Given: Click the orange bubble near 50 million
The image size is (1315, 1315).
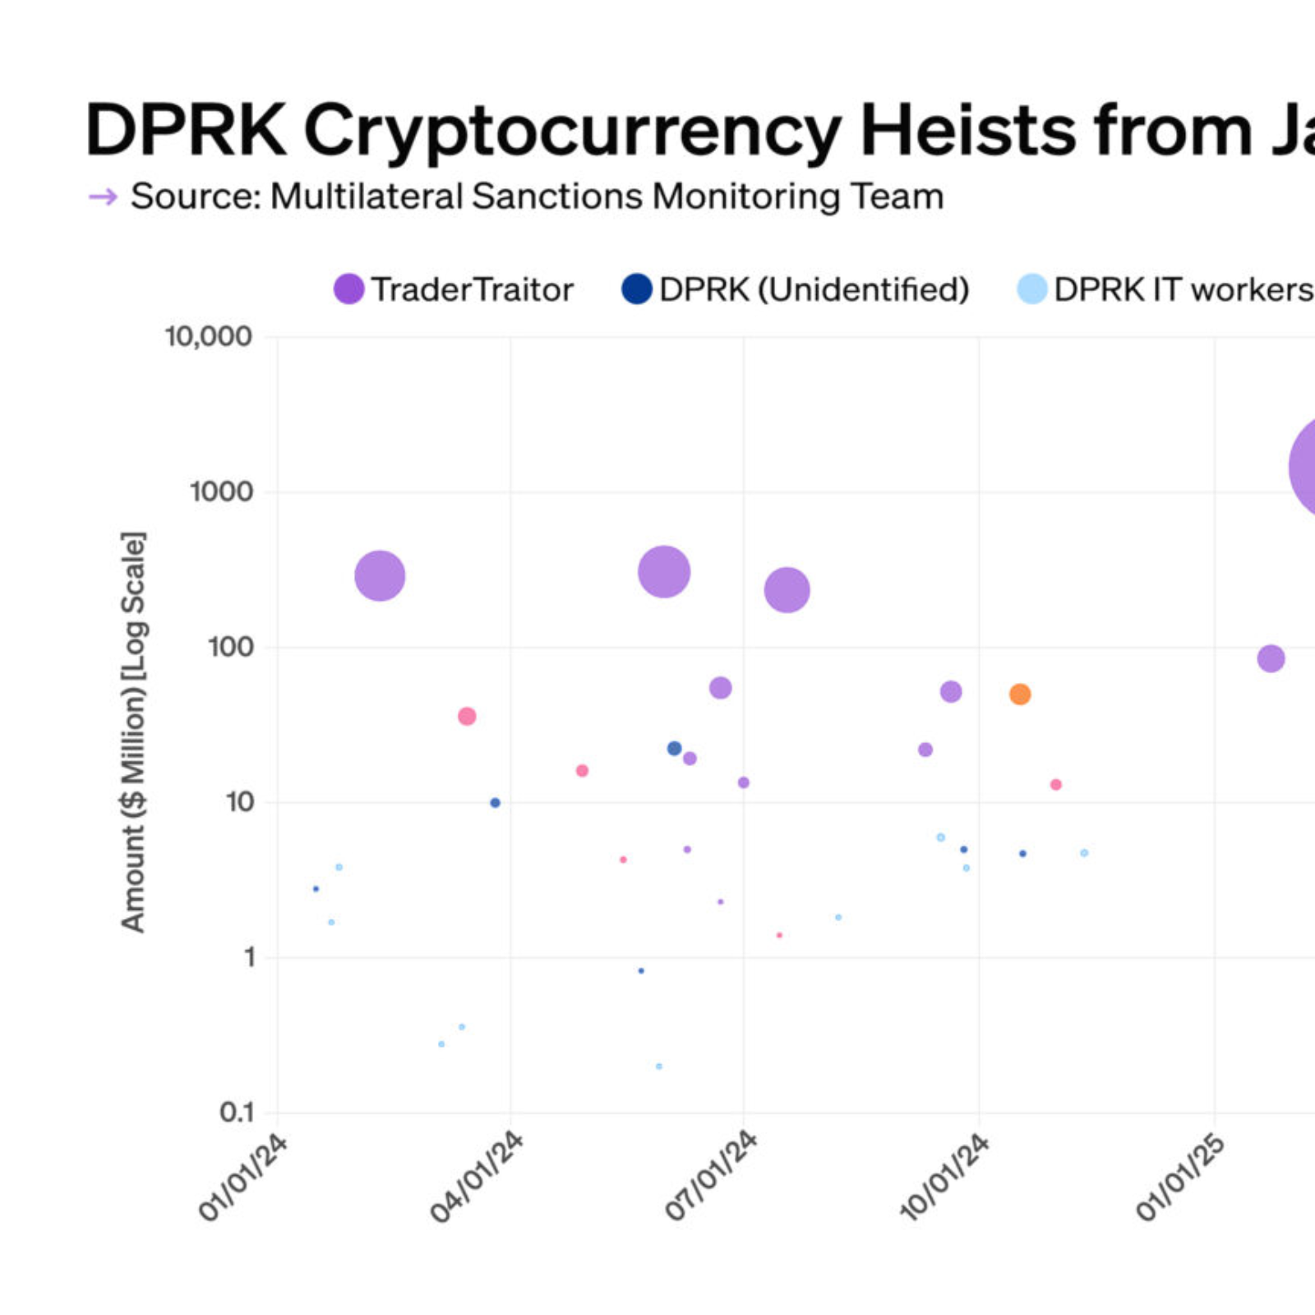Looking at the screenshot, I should [x=1019, y=694].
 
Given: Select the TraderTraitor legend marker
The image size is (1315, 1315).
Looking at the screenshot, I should [x=348, y=289].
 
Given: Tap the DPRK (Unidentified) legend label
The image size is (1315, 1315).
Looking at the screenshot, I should [x=814, y=289].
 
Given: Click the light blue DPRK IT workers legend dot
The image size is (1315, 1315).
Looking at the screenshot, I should [x=1031, y=289].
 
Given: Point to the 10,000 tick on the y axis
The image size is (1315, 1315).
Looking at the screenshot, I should [x=208, y=336].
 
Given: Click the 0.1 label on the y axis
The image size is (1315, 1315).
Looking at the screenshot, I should [x=237, y=1113].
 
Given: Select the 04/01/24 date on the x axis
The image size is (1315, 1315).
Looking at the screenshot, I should [x=477, y=1177].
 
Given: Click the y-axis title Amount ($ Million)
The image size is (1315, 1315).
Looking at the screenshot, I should [x=133, y=731].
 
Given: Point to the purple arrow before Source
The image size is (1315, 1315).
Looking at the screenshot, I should [x=103, y=197].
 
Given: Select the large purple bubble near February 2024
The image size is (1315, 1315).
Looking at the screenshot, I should [x=380, y=575].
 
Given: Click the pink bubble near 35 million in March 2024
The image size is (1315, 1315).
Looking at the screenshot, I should [x=467, y=716].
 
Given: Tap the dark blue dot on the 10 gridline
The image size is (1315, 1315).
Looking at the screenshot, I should [x=495, y=803].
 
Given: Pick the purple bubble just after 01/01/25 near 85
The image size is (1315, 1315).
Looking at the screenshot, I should [x=1271, y=658].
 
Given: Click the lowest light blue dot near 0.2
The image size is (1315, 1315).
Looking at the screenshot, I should [x=658, y=1067].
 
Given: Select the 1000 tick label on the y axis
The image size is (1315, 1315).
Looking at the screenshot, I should [x=221, y=491].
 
